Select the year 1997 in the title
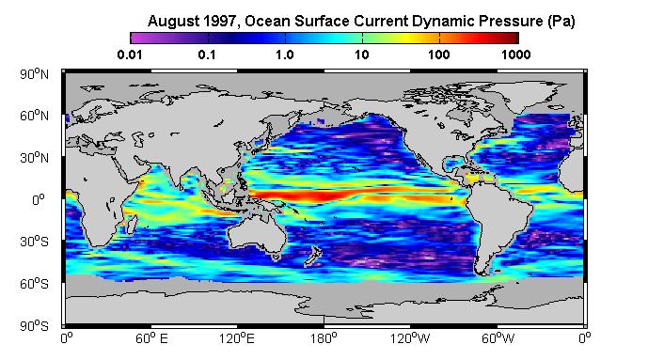pos(216,21)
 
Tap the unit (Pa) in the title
pos(561,21)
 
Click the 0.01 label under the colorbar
pos(130,55)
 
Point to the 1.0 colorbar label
pos(285,55)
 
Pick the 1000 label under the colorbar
pos(515,55)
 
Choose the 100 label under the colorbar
pos(439,55)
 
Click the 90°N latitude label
pos(34,74)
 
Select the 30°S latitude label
pos(34,242)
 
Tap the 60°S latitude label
pos(34,284)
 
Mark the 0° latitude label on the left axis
pos(39,200)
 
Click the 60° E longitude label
pos(151,338)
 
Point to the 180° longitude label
pos(324,338)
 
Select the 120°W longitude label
pos(410,338)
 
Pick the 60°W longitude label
pos(498,338)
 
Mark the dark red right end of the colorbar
pos(514,38)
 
